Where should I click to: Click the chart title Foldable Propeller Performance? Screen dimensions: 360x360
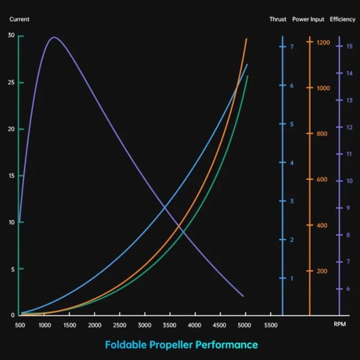[181, 345]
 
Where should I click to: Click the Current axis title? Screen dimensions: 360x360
[19, 19]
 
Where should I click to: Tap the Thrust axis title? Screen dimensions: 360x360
[278, 19]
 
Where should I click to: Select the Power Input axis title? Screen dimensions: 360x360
[308, 19]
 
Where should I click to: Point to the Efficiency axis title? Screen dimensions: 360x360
[343, 19]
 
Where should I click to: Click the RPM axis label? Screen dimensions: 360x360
[340, 325]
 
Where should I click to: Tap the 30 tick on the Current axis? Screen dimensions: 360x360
[11, 36]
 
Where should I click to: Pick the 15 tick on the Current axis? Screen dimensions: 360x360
[11, 176]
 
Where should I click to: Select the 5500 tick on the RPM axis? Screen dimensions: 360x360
[271, 325]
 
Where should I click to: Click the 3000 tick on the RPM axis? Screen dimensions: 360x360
[145, 325]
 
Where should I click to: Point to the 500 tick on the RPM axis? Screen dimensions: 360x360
[20, 325]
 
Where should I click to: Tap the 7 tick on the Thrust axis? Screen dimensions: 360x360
[292, 47]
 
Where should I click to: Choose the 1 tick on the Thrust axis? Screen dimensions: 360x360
[292, 278]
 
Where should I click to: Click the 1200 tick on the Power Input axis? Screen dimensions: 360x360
[323, 43]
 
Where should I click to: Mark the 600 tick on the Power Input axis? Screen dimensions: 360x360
[322, 179]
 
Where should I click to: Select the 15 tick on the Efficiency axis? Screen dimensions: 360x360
[349, 46]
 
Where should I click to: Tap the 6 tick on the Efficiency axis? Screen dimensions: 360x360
[348, 289]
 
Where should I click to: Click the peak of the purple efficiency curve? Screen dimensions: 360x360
[54, 37]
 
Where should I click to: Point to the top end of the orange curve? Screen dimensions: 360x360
[247, 38]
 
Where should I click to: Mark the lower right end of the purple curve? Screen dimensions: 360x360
[244, 296]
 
